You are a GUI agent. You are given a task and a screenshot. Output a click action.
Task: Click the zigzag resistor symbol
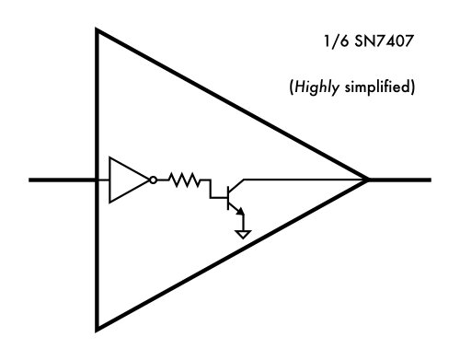point(186,180)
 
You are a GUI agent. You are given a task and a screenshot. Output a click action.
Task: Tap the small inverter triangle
point(127,180)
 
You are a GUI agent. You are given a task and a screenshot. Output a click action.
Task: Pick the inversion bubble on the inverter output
point(154,180)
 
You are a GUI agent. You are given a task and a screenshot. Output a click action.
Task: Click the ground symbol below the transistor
point(243,234)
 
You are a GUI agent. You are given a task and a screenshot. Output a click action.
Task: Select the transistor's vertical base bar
point(227,192)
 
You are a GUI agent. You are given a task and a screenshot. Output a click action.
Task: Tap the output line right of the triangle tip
point(400,180)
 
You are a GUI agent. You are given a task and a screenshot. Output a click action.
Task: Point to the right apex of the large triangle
point(367,180)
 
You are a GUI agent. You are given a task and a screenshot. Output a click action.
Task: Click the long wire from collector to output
point(304,179)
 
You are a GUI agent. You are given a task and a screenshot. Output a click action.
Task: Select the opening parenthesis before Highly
point(291,89)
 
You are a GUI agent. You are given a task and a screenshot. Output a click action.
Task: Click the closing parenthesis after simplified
point(416,89)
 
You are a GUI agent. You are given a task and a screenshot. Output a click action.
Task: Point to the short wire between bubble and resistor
point(163,180)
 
